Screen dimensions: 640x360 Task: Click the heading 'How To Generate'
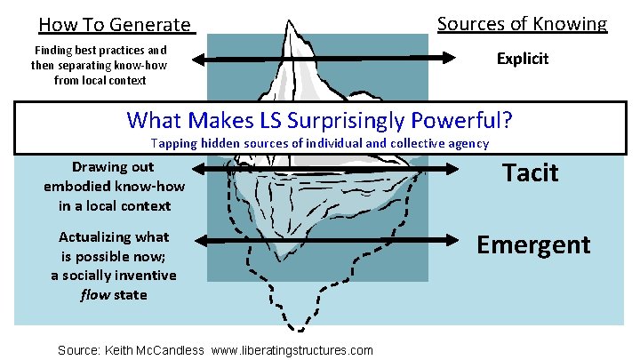coord(115,26)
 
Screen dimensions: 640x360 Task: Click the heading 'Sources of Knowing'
coord(522,24)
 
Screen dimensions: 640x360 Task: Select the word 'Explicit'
coord(523,59)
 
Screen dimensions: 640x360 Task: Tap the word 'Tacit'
coord(531,172)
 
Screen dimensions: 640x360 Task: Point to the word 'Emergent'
coord(533,244)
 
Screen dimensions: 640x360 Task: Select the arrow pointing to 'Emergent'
coord(453,240)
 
